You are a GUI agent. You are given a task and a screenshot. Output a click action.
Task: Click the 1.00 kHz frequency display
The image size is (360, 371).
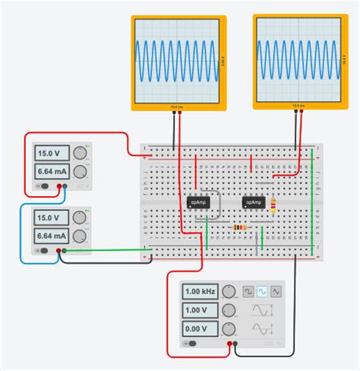pyautogui.click(x=200, y=291)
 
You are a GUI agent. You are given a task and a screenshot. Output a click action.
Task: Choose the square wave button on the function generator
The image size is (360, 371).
pyautogui.click(x=248, y=291)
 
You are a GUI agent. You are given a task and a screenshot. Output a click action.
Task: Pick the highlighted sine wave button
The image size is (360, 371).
pyautogui.click(x=262, y=291)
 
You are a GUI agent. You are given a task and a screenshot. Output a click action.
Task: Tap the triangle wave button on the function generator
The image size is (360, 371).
pyautogui.click(x=276, y=291)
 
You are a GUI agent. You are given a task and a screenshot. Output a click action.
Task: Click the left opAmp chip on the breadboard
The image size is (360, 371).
pyautogui.click(x=198, y=202)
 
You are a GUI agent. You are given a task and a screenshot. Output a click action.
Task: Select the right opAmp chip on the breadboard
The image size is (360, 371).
pyautogui.click(x=254, y=202)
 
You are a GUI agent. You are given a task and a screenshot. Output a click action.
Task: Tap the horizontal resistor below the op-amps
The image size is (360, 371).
pyautogui.click(x=242, y=227)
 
